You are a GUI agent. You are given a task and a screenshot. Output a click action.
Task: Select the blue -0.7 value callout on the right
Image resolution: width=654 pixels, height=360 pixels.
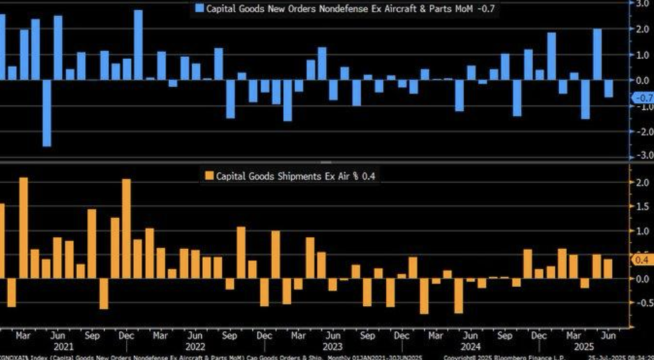pos(641,98)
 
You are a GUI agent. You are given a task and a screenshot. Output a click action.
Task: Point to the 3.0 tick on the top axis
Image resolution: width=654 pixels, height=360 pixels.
pos(641,4)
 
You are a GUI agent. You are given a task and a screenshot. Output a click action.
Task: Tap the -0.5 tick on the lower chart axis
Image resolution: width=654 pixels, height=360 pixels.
pos(641,303)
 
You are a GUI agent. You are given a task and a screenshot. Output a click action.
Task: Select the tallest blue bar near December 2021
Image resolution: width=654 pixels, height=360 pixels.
pos(139,45)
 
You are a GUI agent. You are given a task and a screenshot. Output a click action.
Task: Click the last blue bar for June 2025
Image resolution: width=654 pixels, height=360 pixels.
pos(608,89)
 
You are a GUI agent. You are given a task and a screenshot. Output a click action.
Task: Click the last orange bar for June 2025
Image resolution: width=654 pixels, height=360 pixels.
pos(608,269)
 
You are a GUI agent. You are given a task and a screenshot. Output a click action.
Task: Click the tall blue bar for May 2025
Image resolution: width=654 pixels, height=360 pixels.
pos(597,54)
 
